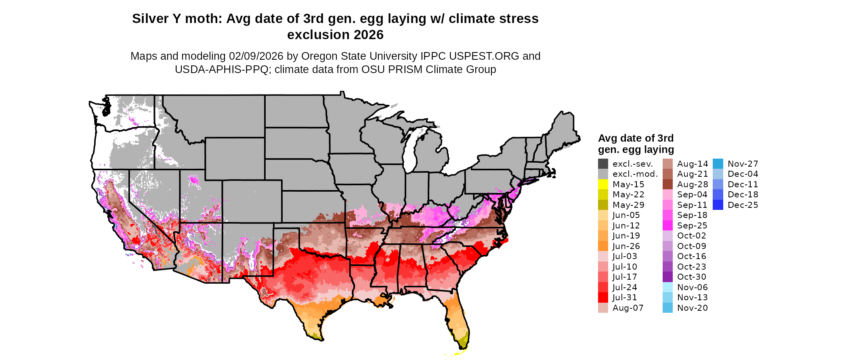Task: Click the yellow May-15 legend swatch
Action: click(x=603, y=184)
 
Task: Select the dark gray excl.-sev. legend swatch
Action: click(x=603, y=164)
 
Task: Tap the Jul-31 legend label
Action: click(x=624, y=297)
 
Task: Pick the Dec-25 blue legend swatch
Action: click(x=718, y=205)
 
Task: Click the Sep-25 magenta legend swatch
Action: click(x=667, y=226)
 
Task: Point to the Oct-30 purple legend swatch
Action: click(x=667, y=277)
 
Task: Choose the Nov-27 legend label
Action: click(x=743, y=164)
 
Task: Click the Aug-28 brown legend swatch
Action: click(x=667, y=184)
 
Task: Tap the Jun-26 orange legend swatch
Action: click(x=603, y=246)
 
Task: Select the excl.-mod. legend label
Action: click(x=635, y=174)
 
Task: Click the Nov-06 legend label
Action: click(x=692, y=287)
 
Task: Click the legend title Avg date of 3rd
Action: click(x=636, y=138)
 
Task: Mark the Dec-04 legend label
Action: click(x=743, y=174)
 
